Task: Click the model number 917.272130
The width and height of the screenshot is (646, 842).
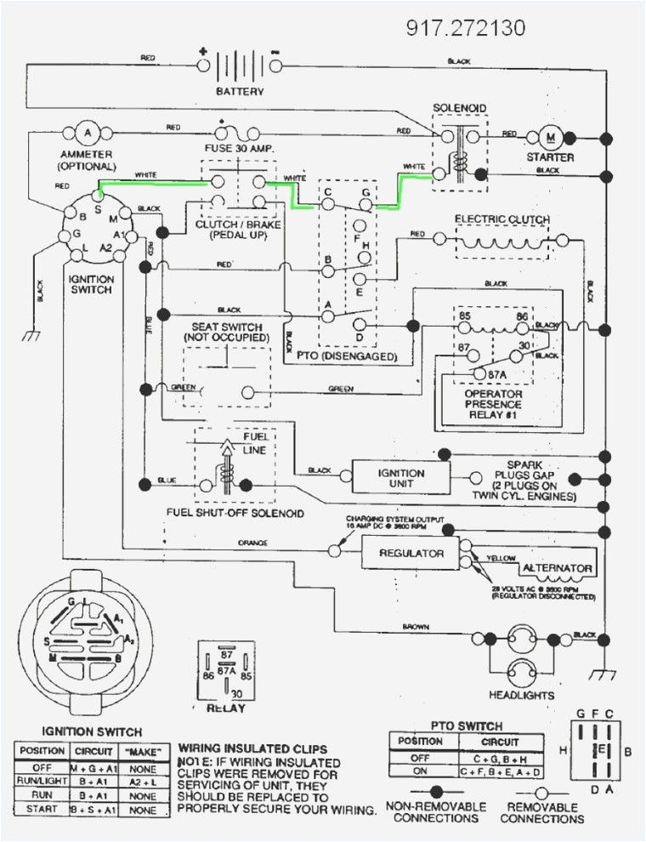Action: click(466, 28)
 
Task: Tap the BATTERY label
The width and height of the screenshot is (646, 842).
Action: click(240, 91)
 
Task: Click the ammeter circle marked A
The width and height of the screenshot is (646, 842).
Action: click(87, 133)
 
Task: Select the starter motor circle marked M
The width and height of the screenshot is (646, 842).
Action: click(549, 137)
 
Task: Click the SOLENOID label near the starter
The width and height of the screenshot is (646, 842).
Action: click(460, 108)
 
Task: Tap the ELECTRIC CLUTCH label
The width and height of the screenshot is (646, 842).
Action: click(502, 219)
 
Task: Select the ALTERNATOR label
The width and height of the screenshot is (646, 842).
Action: click(558, 567)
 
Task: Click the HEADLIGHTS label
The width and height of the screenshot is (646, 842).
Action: click(522, 695)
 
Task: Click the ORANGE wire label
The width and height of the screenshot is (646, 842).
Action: click(252, 543)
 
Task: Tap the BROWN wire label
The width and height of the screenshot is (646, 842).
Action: click(416, 627)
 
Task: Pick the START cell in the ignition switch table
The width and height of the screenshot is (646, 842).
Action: click(41, 809)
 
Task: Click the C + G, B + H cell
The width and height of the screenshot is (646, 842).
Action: click(501, 757)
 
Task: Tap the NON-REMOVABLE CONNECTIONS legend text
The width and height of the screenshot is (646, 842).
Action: click(435, 812)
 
